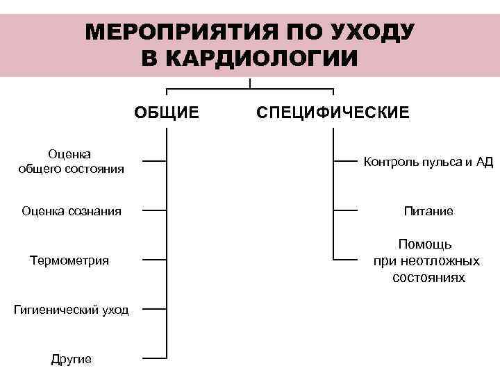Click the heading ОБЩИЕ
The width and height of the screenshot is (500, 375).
(167, 112)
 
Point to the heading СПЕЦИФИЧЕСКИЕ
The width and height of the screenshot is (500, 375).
(333, 112)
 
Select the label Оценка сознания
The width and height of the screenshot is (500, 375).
(72, 210)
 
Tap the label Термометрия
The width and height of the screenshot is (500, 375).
(69, 260)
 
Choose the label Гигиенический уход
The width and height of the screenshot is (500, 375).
(72, 310)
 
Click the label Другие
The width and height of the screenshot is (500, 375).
(72, 359)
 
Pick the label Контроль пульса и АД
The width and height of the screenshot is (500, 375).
(428, 162)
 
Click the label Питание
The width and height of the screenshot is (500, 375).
(428, 210)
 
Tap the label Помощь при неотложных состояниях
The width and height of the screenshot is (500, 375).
(426, 261)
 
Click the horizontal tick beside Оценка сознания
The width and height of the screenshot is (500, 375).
(154, 210)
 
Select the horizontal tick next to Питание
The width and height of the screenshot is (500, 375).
(345, 210)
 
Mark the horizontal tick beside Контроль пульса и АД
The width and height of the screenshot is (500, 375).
(345, 160)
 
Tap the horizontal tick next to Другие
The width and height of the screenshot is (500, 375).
(154, 358)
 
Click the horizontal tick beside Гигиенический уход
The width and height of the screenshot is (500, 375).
(154, 309)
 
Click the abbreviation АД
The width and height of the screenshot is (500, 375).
(484, 162)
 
